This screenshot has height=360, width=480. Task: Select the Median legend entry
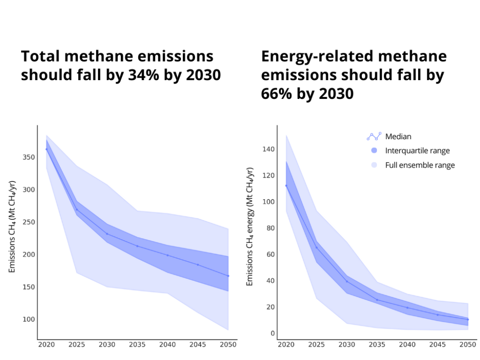[398, 136]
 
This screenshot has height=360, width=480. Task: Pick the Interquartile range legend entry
[417, 151]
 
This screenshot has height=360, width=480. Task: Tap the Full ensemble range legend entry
[420, 165]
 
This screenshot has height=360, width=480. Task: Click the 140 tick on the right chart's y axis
[268, 149]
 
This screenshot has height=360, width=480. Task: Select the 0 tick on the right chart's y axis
[272, 333]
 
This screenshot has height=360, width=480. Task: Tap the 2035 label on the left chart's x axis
[137, 345]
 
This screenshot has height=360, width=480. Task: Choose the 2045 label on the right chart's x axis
[438, 345]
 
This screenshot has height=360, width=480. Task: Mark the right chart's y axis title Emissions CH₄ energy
[250, 227]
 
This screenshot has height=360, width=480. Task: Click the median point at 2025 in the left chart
[76, 209]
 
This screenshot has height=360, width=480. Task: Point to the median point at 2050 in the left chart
[228, 276]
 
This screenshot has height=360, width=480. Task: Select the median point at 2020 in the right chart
[286, 186]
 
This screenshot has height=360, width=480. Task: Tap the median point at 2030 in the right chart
[347, 281]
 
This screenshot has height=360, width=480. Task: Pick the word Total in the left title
[40, 57]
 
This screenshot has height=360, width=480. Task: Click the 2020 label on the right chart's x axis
[286, 345]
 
